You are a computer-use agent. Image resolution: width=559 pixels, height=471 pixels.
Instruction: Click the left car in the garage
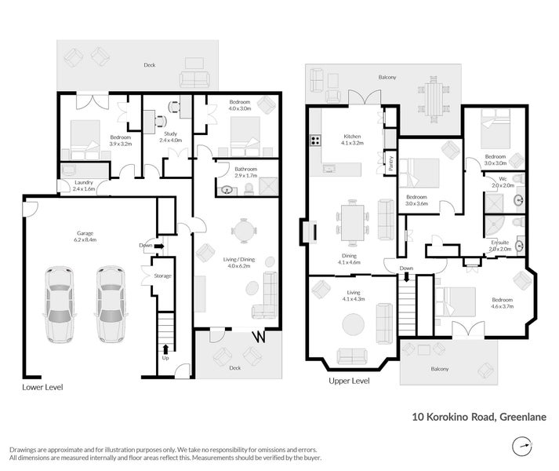tap(60, 305)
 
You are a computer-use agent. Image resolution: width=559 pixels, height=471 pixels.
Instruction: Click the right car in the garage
tap(111, 305)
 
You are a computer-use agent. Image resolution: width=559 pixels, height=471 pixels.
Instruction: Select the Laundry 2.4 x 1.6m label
tap(83, 185)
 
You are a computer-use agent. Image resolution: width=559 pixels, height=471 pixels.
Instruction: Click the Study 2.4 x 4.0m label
tap(170, 137)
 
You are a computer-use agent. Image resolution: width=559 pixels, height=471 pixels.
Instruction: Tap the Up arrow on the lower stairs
tap(165, 352)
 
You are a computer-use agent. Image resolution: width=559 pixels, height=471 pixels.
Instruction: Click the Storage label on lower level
tap(162, 276)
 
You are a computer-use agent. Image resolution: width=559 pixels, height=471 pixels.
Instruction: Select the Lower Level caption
tap(42, 387)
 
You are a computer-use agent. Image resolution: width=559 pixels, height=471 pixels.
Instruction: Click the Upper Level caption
tap(349, 381)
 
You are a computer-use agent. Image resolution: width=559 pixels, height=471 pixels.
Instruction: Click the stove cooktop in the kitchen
tap(316, 141)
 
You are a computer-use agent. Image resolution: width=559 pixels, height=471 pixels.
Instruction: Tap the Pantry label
tap(390, 163)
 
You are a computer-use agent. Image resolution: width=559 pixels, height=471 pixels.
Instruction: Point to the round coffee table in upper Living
tap(352, 324)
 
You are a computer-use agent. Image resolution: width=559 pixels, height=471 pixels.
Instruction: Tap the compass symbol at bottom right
tap(521, 447)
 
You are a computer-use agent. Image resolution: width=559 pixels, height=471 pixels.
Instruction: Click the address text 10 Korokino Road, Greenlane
tap(479, 418)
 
